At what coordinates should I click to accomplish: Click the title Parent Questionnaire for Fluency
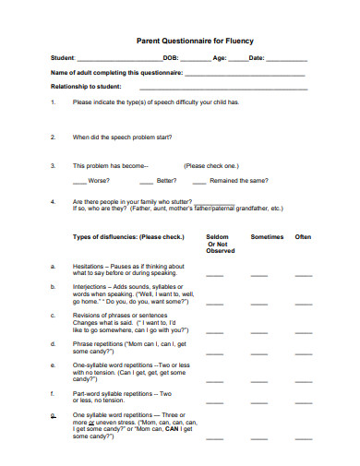[194, 42]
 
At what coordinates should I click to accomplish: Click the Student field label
[63, 58]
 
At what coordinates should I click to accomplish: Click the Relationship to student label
[85, 85]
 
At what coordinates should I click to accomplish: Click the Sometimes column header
[267, 237]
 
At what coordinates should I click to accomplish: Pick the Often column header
[303, 237]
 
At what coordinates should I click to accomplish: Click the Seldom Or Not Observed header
[221, 244]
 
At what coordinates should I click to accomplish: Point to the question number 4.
[53, 201]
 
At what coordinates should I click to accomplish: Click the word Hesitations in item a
[91, 266]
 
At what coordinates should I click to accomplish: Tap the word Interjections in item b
[92, 288]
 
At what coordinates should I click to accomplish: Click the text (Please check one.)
[211, 166]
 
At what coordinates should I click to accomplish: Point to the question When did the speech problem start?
[123, 137]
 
